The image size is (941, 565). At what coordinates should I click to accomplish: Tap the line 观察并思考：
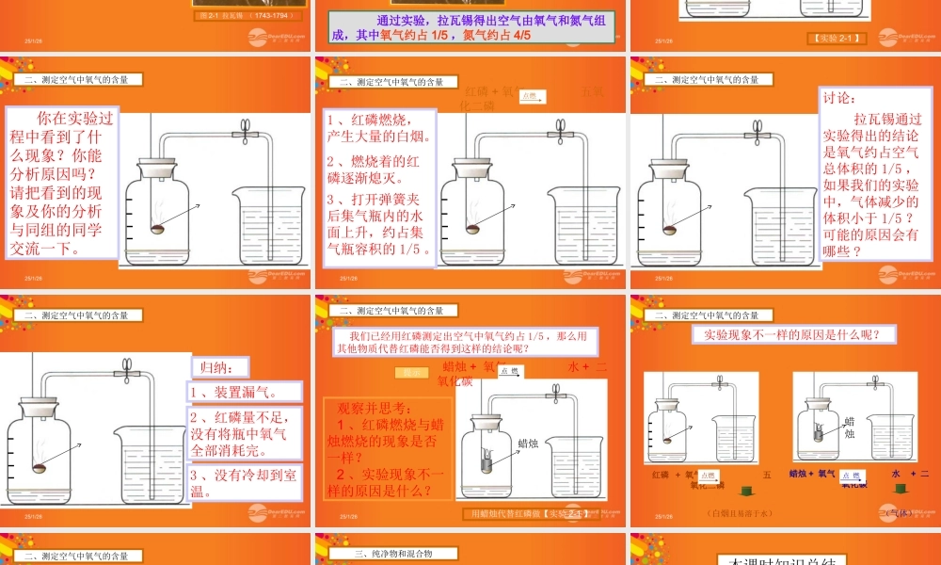375,408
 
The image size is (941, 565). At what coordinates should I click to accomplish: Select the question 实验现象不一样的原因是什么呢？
786,334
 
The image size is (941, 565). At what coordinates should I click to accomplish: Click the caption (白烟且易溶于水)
740,513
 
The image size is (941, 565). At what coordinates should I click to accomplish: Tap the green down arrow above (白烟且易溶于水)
746,491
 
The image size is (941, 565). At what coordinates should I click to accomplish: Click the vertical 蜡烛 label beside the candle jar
849,428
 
